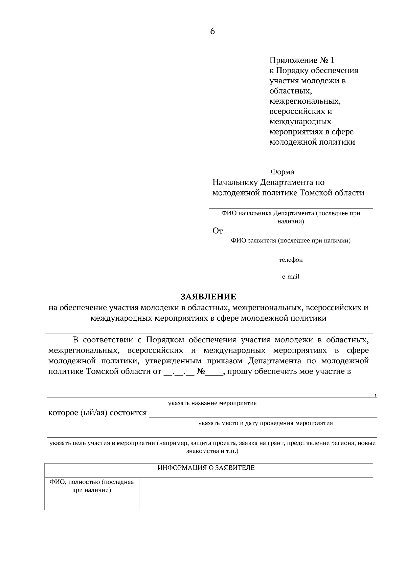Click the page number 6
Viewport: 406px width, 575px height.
tap(212, 31)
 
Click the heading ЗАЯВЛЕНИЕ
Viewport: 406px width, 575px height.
tap(208, 297)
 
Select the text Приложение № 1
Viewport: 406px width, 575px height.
tap(301, 60)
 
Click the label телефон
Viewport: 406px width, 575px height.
tap(291, 260)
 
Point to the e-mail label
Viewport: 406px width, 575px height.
tap(291, 277)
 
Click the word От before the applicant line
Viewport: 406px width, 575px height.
tap(218, 231)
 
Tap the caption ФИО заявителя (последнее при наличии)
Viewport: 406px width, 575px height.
tap(291, 241)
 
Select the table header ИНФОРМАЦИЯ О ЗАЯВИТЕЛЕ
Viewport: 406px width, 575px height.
tap(206, 468)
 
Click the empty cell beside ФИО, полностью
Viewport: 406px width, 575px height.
tap(255, 493)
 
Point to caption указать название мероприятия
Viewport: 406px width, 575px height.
tap(212, 403)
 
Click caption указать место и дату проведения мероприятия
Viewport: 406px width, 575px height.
tap(266, 423)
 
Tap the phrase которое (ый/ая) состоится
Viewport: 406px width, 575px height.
tap(98, 413)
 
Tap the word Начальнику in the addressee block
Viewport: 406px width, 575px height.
tap(235, 183)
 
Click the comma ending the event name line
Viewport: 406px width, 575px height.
tap(376, 395)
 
